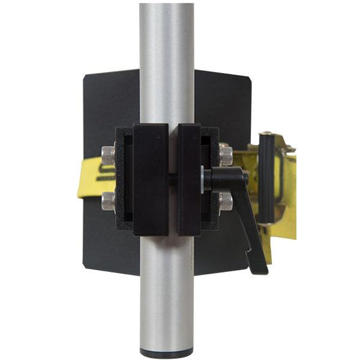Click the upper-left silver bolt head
click(x=109, y=153)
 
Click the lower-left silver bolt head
click(x=109, y=200)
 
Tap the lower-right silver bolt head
click(x=225, y=200)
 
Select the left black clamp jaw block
click(x=150, y=179)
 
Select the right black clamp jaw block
click(x=189, y=179)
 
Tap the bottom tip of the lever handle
click(x=261, y=268)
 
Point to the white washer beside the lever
click(x=204, y=178)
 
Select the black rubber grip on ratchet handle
click(x=267, y=180)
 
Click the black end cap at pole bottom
click(x=166, y=354)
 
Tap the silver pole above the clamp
click(x=166, y=62)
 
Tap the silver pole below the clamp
click(x=166, y=292)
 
